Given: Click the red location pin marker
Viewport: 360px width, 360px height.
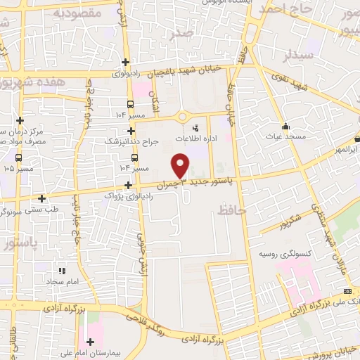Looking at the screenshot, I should pos(181,166).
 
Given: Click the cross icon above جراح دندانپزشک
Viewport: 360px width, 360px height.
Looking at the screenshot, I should pos(131,131).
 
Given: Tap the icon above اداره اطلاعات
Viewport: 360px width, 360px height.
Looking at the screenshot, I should pos(195,127).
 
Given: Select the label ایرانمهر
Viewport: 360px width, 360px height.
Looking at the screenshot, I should pos(346,150).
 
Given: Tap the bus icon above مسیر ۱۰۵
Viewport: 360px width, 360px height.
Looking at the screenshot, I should pos(18,158).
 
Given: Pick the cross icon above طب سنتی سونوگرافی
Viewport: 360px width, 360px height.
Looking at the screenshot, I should pos(42,199).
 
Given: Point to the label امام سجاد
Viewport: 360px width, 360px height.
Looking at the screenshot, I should pos(62,281).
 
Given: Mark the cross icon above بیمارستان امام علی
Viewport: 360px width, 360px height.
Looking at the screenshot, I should pos(91,342).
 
